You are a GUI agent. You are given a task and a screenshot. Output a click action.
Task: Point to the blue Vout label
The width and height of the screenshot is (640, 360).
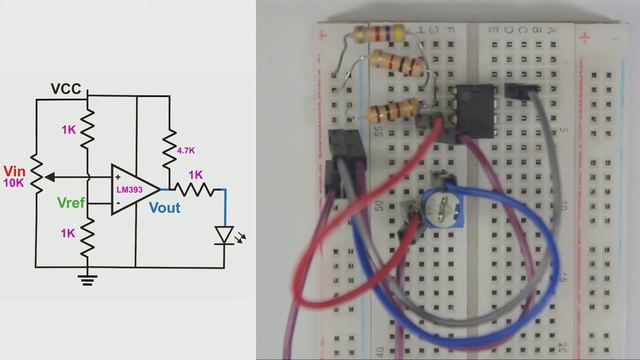[164, 208]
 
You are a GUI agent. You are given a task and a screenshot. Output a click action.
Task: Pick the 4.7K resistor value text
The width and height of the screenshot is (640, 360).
[185, 150]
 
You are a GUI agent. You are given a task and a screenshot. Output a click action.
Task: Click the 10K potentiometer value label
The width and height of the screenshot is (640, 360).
[14, 184]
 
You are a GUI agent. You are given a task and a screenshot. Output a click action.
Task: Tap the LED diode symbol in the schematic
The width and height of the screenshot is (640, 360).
[225, 236]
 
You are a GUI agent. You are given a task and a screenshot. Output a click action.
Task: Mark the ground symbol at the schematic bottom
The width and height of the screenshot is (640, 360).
[88, 279]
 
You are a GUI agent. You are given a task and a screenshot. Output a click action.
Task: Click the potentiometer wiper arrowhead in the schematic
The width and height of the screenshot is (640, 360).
[50, 177]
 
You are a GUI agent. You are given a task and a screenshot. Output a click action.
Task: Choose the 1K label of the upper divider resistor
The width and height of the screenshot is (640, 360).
[68, 131]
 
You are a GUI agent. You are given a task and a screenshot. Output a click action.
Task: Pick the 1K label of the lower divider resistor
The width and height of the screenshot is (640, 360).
[68, 233]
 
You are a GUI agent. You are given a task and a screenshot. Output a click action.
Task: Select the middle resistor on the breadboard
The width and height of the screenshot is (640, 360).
[396, 65]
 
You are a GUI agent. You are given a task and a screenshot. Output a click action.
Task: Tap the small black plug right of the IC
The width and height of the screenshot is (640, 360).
[522, 90]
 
